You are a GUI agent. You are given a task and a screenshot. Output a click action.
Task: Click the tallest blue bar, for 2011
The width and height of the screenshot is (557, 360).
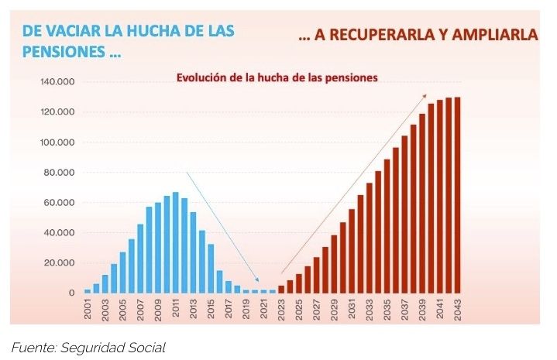pos(176,242)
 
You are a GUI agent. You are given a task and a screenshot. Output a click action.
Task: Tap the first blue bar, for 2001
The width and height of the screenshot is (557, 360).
pos(88,291)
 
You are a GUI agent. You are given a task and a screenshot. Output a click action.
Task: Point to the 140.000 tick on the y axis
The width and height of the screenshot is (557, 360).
pos(54,82)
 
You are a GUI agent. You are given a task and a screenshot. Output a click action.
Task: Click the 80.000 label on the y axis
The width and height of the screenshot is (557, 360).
pos(57,173)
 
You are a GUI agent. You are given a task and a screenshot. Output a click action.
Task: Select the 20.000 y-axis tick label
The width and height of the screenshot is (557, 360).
pos(57,263)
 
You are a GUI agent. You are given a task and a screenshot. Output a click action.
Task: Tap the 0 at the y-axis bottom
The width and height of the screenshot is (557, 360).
pos(71,293)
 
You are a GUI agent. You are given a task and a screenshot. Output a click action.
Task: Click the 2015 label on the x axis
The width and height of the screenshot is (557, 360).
pos(211,309)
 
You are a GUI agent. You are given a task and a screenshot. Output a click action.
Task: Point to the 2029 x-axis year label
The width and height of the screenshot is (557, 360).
pos(335,309)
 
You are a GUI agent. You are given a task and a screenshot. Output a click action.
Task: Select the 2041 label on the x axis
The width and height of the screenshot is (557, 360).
pos(440,309)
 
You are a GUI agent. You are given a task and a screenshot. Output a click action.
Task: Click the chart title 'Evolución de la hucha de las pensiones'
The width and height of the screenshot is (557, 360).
pos(277,77)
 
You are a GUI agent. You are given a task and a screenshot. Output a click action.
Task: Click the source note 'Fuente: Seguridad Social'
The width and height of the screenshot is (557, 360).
pos(88,348)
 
